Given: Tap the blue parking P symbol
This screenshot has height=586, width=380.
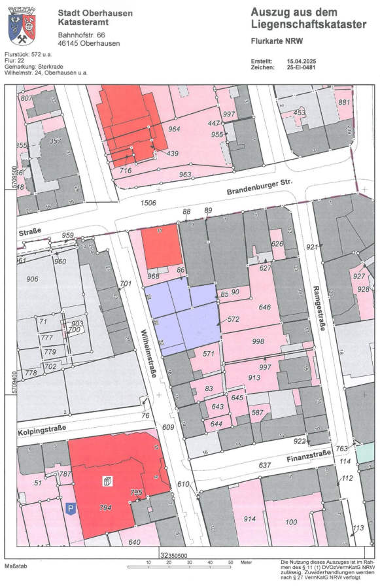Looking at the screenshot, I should [x=69, y=507].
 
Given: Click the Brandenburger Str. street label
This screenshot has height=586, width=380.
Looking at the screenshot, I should [x=258, y=188].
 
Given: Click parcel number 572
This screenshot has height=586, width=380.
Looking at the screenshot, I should [x=233, y=319].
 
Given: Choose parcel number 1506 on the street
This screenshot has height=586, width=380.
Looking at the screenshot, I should [x=148, y=203].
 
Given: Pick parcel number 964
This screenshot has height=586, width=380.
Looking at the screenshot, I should [x=174, y=129].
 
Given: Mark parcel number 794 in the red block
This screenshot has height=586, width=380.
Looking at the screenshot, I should [x=105, y=508].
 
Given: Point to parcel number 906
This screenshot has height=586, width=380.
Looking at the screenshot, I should [x=32, y=279].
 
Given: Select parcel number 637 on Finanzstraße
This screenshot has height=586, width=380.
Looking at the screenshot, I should [x=265, y=465].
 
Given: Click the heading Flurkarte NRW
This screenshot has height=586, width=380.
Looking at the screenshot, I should [x=275, y=41].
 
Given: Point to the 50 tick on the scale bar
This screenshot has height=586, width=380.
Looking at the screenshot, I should [x=230, y=562].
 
